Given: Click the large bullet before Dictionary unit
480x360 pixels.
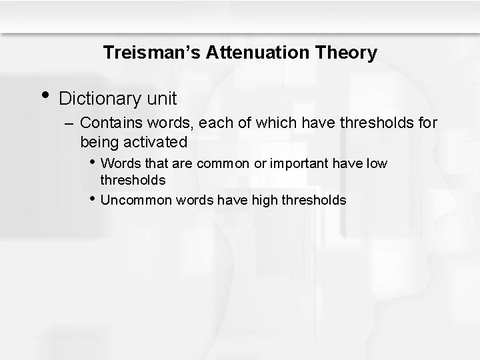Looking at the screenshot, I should click(x=44, y=95).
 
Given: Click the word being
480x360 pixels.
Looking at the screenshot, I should click(x=98, y=142).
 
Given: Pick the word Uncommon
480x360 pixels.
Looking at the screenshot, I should click(x=137, y=200).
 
